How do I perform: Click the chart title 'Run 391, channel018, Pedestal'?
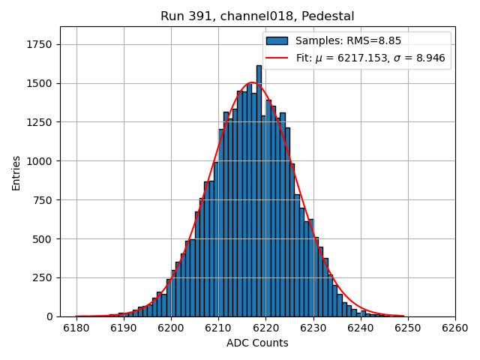tap(257, 16)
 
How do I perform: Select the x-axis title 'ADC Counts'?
tap(257, 343)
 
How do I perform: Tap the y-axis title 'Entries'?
tap(16, 172)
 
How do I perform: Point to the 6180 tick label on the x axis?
tap(76, 328)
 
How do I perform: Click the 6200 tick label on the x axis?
tap(171, 328)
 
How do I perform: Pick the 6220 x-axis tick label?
tap(265, 328)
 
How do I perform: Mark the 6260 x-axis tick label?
tap(454, 328)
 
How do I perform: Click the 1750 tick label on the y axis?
tap(40, 44)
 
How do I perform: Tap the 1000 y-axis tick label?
tap(40, 161)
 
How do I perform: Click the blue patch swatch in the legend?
tap(277, 40)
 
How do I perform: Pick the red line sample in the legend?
tap(277, 57)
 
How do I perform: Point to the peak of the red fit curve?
tap(252, 82)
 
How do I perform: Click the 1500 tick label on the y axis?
tap(40, 83)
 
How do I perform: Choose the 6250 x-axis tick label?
tap(407, 328)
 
